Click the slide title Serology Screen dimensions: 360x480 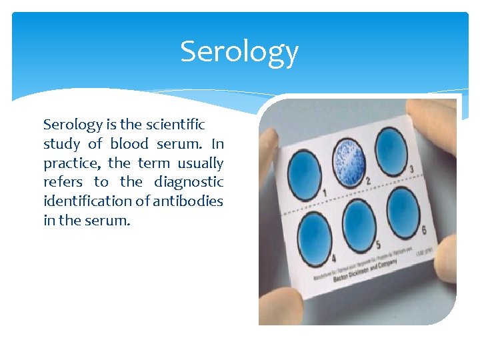click(x=239, y=52)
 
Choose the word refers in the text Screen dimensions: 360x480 click(x=63, y=182)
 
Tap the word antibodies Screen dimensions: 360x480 click(x=188, y=201)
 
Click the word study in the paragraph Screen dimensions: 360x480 click(x=61, y=144)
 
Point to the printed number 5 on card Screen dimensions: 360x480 click(x=378, y=245)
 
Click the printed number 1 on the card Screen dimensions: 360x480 click(x=325, y=193)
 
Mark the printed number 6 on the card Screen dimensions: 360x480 click(x=424, y=231)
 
